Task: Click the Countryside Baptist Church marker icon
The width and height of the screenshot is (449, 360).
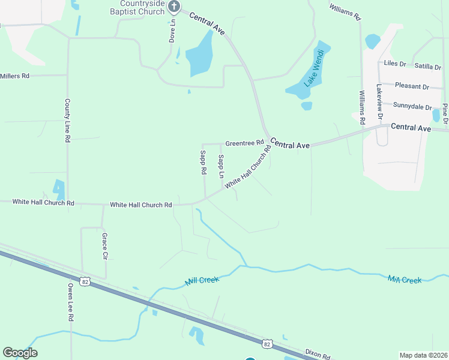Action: point(174,7)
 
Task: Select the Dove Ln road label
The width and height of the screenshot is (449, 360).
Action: point(172,29)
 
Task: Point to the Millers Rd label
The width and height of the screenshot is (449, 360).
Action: point(15,76)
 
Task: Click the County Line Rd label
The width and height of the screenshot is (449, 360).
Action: point(68,121)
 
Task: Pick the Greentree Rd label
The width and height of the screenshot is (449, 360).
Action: point(244,143)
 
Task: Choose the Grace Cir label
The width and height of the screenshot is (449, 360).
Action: point(104,246)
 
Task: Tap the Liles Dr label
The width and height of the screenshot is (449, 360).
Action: point(395,63)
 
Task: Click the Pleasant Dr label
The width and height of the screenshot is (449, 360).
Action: point(412,87)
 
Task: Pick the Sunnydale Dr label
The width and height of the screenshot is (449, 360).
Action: point(412,106)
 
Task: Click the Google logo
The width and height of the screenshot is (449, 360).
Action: point(20,353)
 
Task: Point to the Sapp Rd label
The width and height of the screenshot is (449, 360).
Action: point(203,163)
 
